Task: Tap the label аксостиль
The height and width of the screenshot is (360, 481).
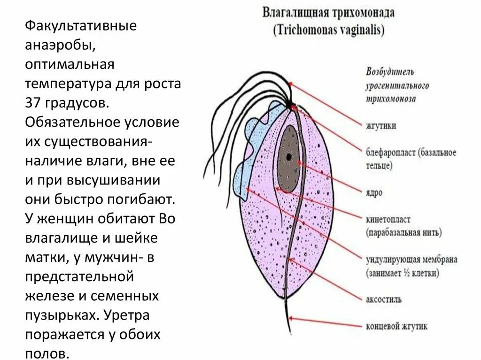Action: click(383, 299)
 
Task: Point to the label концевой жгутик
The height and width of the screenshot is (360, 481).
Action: click(396, 326)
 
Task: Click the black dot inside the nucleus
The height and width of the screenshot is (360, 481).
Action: click(288, 156)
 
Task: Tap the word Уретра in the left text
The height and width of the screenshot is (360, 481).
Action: click(127, 315)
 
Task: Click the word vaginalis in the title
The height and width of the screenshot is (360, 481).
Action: click(359, 31)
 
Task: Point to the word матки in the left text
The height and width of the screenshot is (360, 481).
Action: click(45, 257)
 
